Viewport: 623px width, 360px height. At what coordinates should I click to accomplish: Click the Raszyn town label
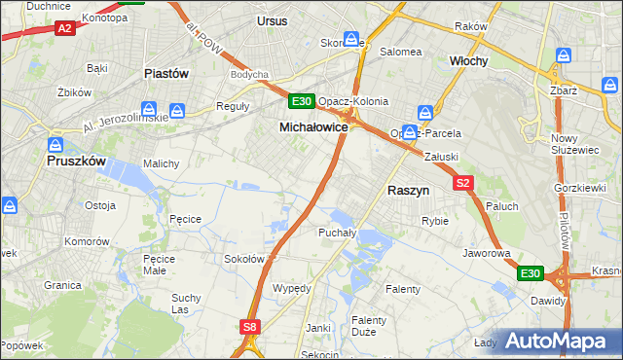pos(408,192)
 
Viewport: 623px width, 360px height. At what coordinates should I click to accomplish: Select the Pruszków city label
pos(82,163)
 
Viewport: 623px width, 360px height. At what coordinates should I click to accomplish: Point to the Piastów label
pos(165,73)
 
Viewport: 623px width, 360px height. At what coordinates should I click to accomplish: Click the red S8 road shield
pos(250,328)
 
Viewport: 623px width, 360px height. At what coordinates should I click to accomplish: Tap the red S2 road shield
pos(462,182)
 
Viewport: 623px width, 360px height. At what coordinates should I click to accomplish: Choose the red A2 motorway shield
pos(65,29)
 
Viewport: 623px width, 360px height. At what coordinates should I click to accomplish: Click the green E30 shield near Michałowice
pos(301,100)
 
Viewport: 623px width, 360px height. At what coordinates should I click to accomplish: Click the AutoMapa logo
pos(558,341)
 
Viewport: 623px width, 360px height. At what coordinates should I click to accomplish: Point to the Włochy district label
pos(468,60)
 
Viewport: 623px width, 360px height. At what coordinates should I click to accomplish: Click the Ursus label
pos(274,19)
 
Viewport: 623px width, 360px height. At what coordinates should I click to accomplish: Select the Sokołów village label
pos(244,259)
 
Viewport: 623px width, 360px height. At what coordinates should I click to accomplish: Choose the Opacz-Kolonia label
pos(353,101)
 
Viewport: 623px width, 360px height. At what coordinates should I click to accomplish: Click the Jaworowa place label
pos(487,253)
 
